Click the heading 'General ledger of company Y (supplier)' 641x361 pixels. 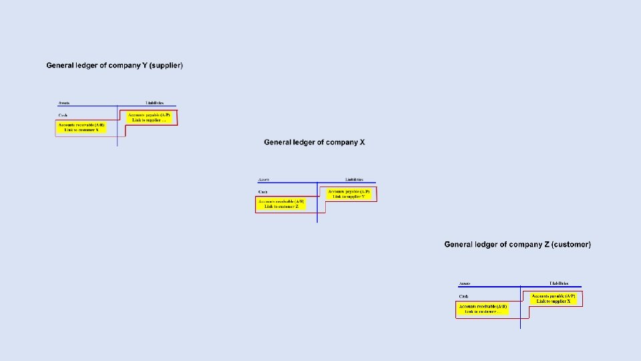[114, 66]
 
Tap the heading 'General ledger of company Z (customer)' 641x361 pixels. [517, 245]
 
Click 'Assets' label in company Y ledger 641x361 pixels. [64, 103]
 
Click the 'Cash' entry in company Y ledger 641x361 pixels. [63, 116]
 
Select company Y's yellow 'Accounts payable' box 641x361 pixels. [149, 117]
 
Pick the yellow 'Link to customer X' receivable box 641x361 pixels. [81, 127]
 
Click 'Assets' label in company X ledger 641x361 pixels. [264, 180]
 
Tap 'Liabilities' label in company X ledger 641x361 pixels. [354, 180]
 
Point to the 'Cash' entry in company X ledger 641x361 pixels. [263, 192]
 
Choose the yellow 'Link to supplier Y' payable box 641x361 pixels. [348, 194]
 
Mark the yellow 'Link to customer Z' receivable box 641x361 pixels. [281, 204]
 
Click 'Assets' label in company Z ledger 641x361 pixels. [465, 283]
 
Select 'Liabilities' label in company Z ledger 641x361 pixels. [559, 283]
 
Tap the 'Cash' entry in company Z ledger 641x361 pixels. [463, 296]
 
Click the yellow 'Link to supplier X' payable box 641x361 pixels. [553, 298]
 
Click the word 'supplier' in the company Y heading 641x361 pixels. [165, 66]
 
